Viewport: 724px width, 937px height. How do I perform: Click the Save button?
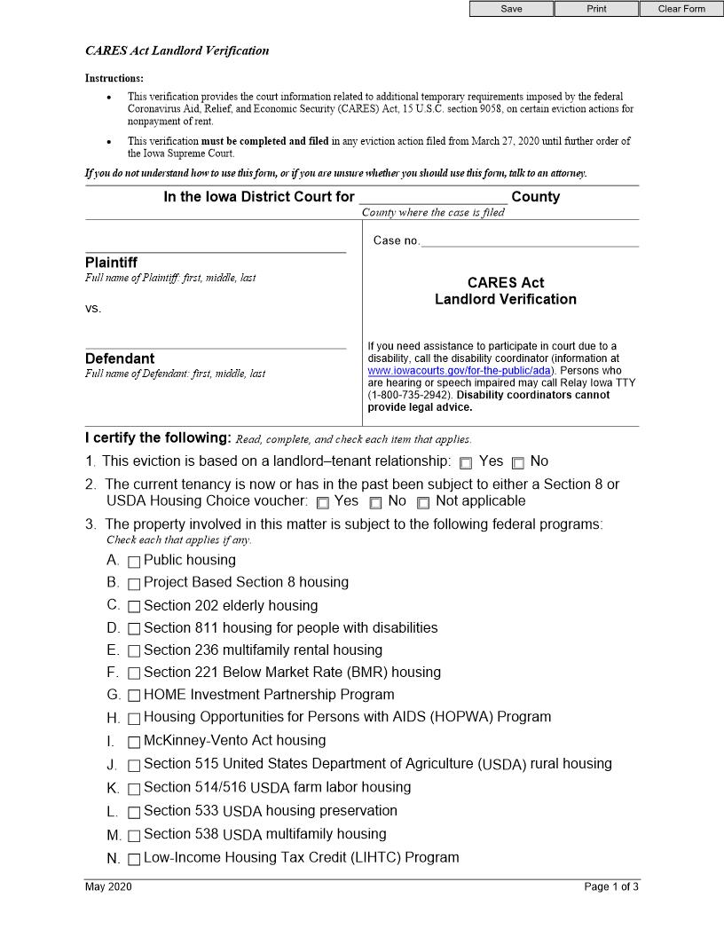tap(511, 9)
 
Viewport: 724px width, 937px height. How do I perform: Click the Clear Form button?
tap(681, 9)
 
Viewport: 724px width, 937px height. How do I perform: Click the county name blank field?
tap(432, 197)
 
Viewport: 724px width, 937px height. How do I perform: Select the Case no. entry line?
tap(529, 240)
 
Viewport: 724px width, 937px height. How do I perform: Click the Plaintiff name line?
tap(216, 245)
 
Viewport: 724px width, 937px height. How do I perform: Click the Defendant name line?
tap(216, 342)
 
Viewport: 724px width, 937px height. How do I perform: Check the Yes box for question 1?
tap(466, 462)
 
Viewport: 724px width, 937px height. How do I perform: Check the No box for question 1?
tap(518, 462)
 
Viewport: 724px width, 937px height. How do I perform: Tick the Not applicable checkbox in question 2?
tap(423, 503)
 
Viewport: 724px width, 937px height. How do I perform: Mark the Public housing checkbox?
tap(134, 562)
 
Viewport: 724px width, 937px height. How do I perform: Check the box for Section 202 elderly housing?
tap(134, 607)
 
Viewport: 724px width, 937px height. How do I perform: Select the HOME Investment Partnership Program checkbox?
tap(134, 696)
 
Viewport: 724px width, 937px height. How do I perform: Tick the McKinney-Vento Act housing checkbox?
tap(134, 742)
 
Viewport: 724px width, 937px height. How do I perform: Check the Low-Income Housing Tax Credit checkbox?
tap(134, 859)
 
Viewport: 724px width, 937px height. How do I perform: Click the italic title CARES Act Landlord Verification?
tap(177, 51)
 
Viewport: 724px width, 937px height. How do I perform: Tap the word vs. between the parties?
tap(93, 309)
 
